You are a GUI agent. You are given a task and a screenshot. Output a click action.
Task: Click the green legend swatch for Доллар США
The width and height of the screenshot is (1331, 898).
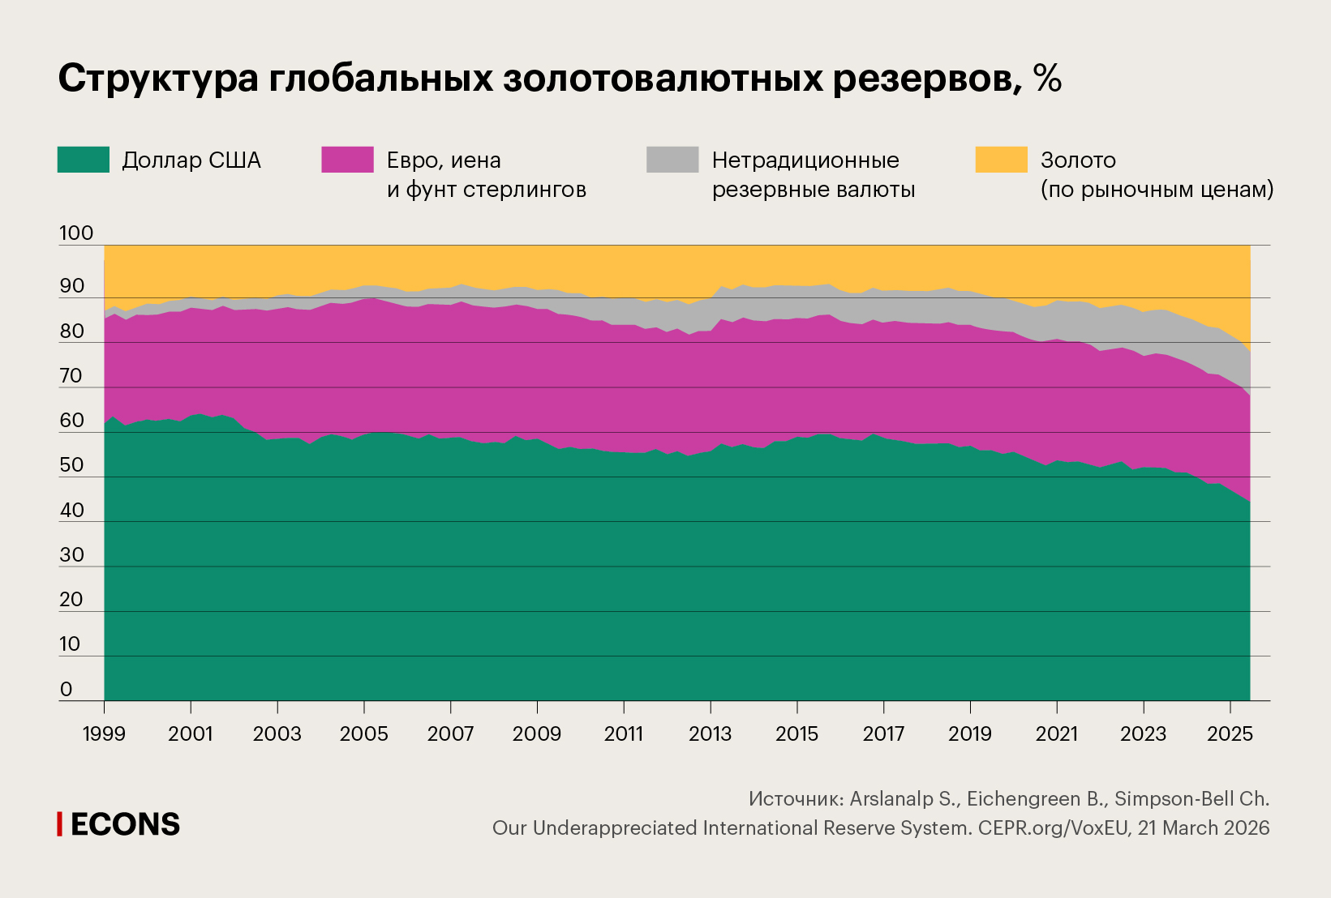tap(83, 160)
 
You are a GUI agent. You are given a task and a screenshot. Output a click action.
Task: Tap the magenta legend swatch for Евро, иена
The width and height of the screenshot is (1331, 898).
tap(347, 160)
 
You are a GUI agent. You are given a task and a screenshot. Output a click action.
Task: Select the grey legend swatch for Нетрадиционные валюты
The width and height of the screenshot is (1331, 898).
tap(672, 160)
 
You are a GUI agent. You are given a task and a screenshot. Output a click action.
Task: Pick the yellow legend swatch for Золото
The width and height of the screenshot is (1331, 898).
tap(1001, 160)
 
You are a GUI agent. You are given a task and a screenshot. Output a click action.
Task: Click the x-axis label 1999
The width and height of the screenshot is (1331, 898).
tap(104, 734)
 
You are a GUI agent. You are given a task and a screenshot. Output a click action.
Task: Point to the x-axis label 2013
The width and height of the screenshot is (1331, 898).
tap(710, 734)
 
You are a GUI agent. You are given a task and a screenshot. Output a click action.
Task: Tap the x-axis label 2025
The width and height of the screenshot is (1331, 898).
tap(1230, 734)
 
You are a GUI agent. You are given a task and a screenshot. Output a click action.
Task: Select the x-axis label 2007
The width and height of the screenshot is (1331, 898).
tap(450, 734)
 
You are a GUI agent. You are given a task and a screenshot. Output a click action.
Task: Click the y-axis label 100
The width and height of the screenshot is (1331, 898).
tap(76, 233)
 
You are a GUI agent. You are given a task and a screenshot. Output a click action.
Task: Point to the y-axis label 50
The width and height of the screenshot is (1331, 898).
tap(72, 465)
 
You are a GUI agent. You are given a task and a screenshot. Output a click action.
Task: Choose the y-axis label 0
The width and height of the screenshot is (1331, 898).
tap(67, 690)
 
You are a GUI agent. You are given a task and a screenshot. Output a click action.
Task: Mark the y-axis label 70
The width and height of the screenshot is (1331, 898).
tap(72, 376)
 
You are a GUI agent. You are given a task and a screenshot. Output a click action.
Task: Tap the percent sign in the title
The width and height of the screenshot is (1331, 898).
tap(1047, 79)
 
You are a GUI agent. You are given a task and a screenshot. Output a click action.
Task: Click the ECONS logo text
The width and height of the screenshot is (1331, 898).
tap(125, 824)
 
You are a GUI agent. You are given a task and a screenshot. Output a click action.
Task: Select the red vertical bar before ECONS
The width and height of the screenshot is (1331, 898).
tap(59, 824)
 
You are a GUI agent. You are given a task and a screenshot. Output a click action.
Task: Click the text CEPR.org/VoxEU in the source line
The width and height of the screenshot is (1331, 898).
tap(1053, 828)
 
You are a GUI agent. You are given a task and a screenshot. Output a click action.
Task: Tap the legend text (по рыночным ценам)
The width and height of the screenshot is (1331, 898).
tap(1157, 190)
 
